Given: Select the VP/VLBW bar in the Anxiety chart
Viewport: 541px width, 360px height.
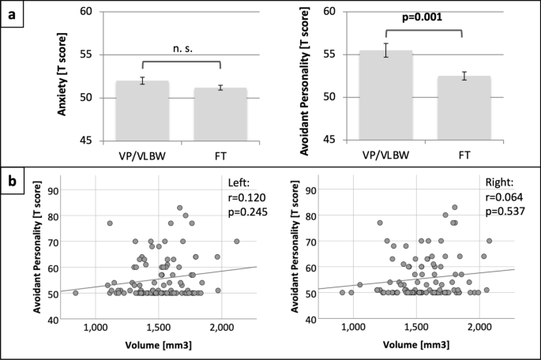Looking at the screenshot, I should (142, 111).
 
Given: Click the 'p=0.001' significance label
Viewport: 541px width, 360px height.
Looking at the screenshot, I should (426, 17).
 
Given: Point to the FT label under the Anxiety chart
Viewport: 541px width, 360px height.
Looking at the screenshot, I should (220, 154).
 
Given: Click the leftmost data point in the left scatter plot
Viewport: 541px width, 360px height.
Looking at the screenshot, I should (76, 293).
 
